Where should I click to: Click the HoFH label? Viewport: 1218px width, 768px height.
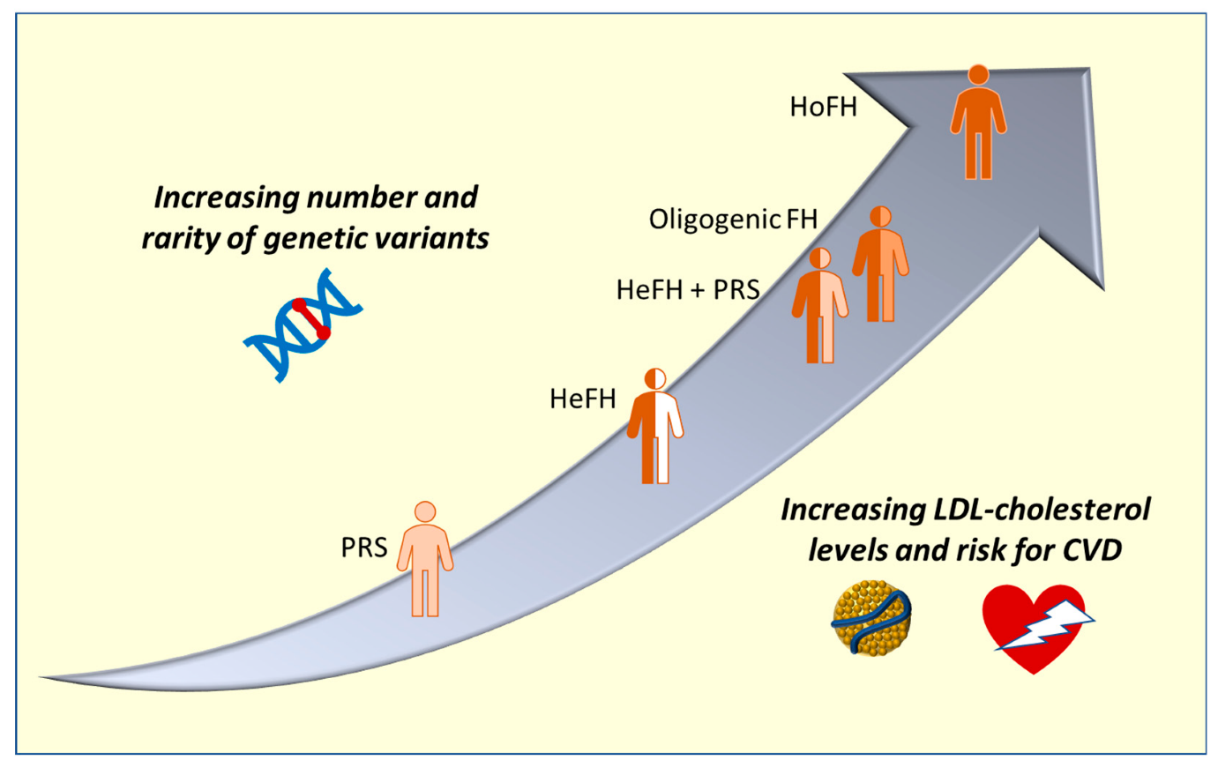[823, 107]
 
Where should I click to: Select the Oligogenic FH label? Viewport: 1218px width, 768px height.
[733, 219]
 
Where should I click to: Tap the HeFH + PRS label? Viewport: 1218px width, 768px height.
[688, 289]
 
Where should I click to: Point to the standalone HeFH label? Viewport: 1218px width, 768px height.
[582, 399]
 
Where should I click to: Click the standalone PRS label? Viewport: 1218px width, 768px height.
[363, 548]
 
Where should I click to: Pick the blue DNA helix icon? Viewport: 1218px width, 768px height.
[303, 324]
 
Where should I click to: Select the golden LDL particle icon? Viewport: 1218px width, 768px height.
[871, 618]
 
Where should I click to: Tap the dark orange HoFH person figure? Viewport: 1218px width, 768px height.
[978, 128]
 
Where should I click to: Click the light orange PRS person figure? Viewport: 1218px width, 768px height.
[425, 564]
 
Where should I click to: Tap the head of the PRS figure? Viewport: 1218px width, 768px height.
[425, 511]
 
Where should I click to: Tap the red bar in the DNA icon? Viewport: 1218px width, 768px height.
[311, 319]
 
